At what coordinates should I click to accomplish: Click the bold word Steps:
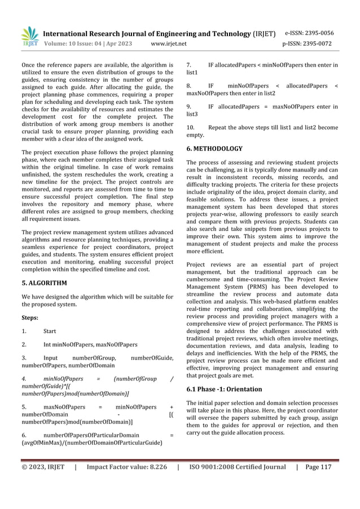30,318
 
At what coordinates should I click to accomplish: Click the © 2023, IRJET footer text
42,467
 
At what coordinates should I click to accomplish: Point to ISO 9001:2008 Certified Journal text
238,467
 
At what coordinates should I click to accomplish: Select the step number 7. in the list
189,65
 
